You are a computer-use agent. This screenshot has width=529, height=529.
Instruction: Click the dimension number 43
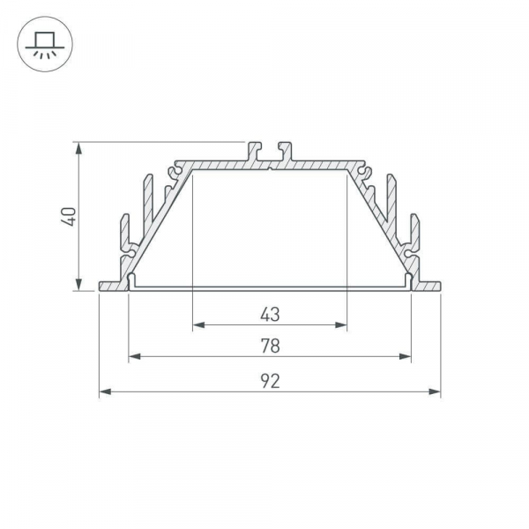click(270, 313)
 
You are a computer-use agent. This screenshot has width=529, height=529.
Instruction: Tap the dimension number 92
click(270, 381)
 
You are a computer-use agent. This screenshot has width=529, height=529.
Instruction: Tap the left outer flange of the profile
click(113, 286)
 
